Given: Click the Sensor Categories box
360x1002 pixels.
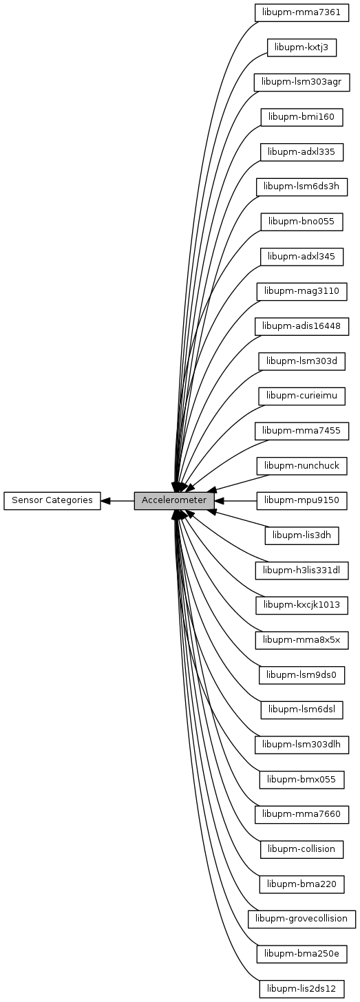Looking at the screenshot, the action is pyautogui.click(x=52, y=500).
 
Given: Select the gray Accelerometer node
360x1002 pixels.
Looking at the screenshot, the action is pyautogui.click(x=174, y=500).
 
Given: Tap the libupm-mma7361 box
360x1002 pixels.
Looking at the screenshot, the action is pyautogui.click(x=301, y=12).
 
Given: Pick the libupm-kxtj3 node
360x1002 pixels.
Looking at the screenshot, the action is pyautogui.click(x=301, y=47).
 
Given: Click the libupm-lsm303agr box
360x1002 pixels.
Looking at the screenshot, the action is pyautogui.click(x=301, y=83).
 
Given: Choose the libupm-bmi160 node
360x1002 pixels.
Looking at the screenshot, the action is pyautogui.click(x=301, y=117).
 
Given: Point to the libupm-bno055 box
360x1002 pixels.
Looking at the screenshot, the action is pyautogui.click(x=301, y=222).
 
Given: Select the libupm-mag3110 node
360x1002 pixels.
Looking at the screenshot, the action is pyautogui.click(x=301, y=292).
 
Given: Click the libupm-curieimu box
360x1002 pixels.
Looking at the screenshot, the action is pyautogui.click(x=301, y=396).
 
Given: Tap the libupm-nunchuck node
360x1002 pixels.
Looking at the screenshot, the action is pyautogui.click(x=301, y=466).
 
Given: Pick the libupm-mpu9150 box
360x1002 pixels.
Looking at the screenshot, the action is pyautogui.click(x=301, y=500).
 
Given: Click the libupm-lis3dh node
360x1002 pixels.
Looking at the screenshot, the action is pyautogui.click(x=301, y=535).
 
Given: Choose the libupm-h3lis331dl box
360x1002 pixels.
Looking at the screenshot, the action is pyautogui.click(x=301, y=571).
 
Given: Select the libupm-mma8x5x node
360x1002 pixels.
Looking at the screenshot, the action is pyautogui.click(x=301, y=640).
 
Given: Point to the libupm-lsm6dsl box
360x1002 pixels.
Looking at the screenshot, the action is pyautogui.click(x=301, y=710).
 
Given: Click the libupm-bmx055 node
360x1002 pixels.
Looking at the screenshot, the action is pyautogui.click(x=301, y=780).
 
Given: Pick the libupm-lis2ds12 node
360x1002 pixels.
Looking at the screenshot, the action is pyautogui.click(x=301, y=989).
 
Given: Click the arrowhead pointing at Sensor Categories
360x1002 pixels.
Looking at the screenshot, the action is pyautogui.click(x=106, y=500).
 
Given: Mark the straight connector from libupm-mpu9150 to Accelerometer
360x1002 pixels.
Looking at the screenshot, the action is pyautogui.click(x=235, y=500).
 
